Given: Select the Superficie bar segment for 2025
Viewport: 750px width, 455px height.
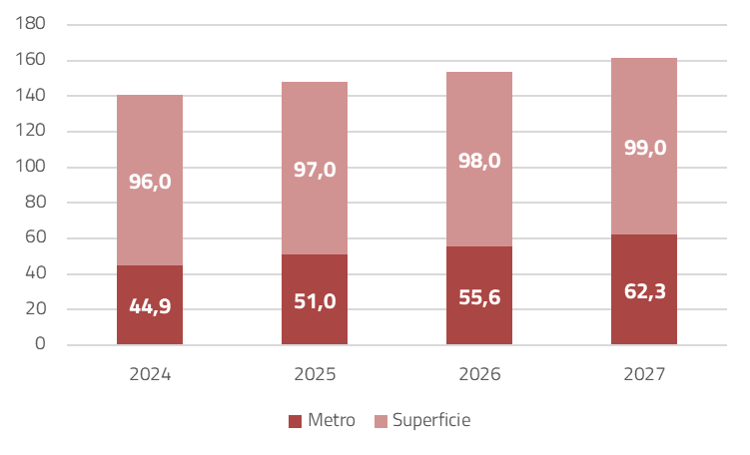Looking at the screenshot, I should click(315, 130).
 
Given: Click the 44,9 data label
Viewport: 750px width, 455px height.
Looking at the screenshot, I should click(150, 306).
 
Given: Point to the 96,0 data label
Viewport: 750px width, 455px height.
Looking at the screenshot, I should click(150, 182).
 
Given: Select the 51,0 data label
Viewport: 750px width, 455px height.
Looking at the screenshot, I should click(315, 300).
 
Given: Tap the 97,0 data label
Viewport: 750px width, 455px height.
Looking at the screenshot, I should click(315, 169).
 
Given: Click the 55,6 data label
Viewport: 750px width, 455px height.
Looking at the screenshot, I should click(479, 296).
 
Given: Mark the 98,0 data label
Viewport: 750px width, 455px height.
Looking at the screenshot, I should click(479, 161).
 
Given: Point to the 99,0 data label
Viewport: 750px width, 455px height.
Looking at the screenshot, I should click(644, 148).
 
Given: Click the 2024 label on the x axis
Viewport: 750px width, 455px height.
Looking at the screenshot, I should click(150, 375).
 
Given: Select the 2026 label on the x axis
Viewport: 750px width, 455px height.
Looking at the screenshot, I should click(479, 375).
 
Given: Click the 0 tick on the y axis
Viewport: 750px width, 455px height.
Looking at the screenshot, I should click(41, 344).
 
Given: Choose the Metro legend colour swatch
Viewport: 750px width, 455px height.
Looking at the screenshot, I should click(295, 421).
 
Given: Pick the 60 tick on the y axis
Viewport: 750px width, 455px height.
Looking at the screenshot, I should click(36, 237).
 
